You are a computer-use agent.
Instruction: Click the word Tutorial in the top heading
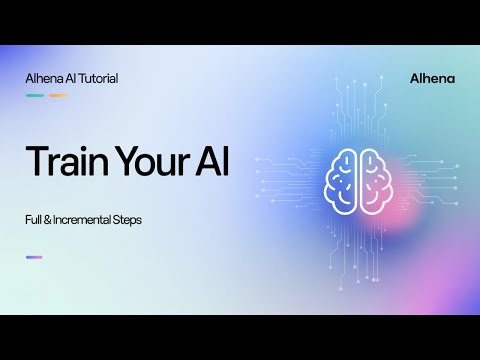pos(97,79)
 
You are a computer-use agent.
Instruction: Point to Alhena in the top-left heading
pos(43,79)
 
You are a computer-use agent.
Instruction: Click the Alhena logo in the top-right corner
pos(432,79)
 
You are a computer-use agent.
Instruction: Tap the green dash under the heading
pos(34,96)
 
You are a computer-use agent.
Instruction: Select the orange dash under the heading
pos(58,96)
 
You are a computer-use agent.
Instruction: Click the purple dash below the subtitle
pos(34,257)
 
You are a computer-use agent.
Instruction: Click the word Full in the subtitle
pos(34,219)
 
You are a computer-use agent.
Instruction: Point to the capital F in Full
pos(28,219)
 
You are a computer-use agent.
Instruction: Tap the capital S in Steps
pos(117,219)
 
